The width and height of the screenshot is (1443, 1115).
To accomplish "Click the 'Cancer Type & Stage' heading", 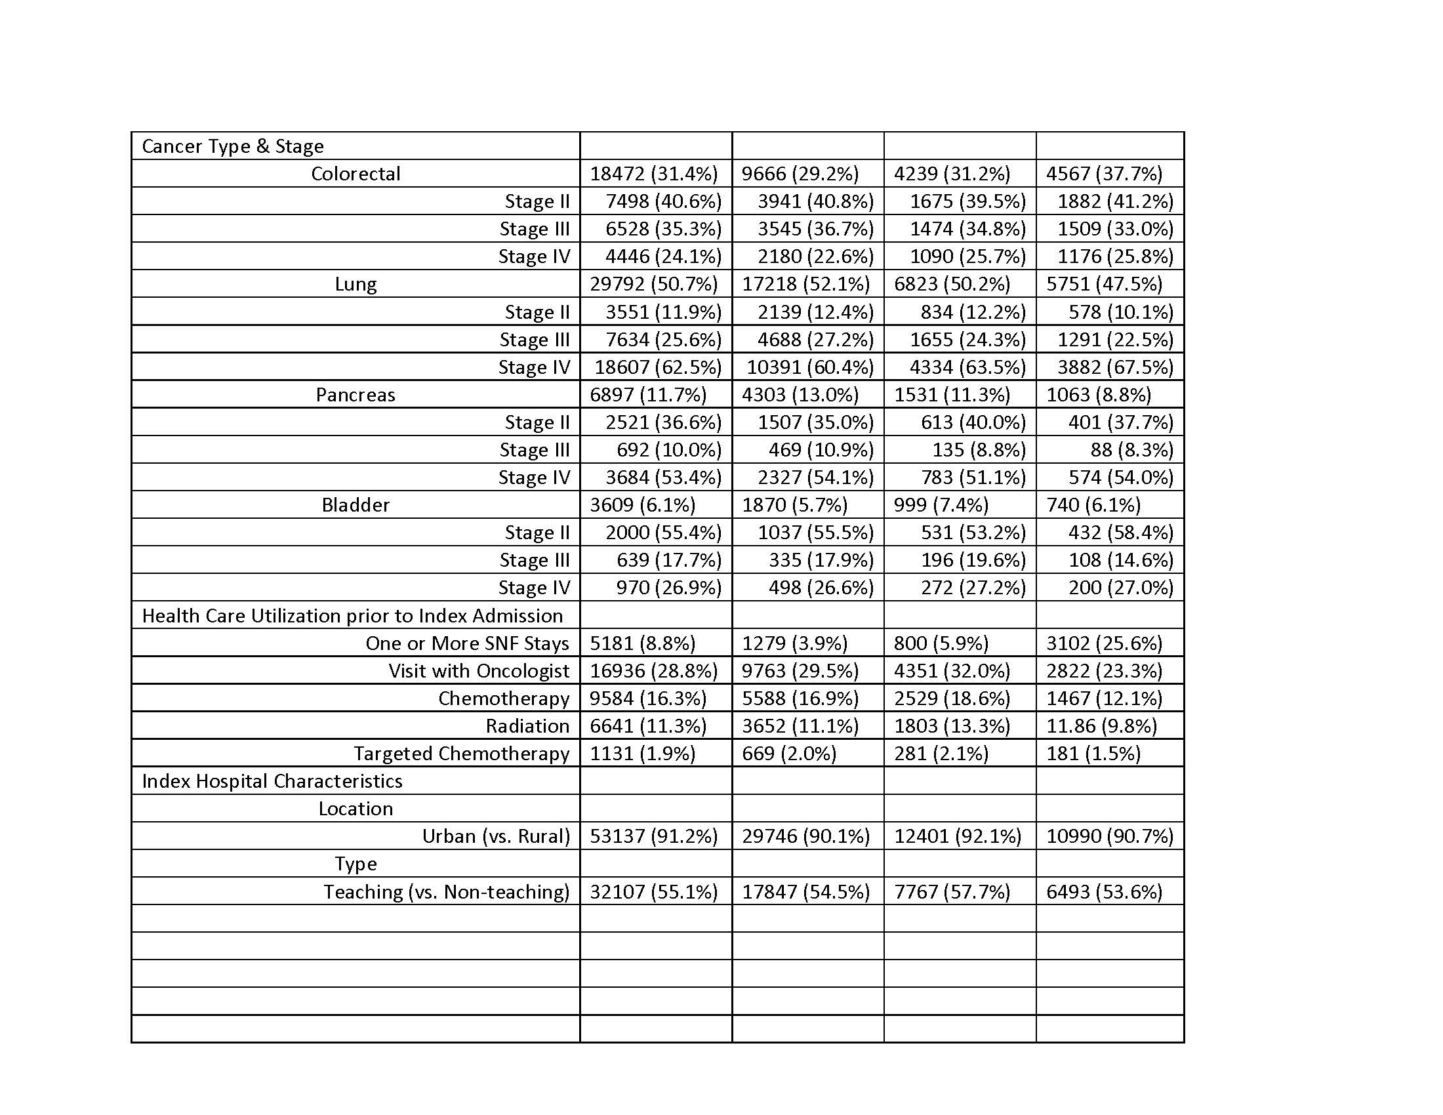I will pos(233,146).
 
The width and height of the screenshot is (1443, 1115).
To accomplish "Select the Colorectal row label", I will pos(356,174).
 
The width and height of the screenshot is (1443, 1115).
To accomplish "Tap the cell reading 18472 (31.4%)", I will pos(653,174).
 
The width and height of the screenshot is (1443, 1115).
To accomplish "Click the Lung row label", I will pos(356,284).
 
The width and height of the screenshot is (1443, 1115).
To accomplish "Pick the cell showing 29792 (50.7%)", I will pos(653,284).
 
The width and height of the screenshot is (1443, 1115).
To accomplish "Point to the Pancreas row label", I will pos(356,395).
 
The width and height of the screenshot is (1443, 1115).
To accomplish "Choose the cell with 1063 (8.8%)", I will pos(1098,395).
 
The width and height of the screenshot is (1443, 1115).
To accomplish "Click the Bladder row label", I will pos(356,505).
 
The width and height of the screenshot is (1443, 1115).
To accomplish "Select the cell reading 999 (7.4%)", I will pos(941,505).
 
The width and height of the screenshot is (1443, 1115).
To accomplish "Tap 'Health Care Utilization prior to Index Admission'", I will pos(352,616).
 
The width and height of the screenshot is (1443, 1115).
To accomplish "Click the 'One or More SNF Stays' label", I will pos(467,643).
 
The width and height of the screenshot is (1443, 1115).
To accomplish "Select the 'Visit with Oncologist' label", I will pos(478,671).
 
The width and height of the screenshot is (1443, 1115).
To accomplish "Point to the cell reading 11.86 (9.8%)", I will pos(1101,726).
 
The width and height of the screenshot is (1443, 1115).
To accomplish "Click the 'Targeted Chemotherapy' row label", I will pos(461,754).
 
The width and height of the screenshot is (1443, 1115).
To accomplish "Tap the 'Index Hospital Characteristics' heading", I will pos(272,781).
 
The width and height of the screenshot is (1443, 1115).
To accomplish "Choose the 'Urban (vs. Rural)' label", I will pos(495,836).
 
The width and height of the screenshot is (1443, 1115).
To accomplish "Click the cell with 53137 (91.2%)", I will pos(653,836).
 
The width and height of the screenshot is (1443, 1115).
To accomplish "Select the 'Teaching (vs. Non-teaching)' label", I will pos(446,892).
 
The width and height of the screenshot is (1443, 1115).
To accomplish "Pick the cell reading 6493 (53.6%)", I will pos(1104,892).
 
